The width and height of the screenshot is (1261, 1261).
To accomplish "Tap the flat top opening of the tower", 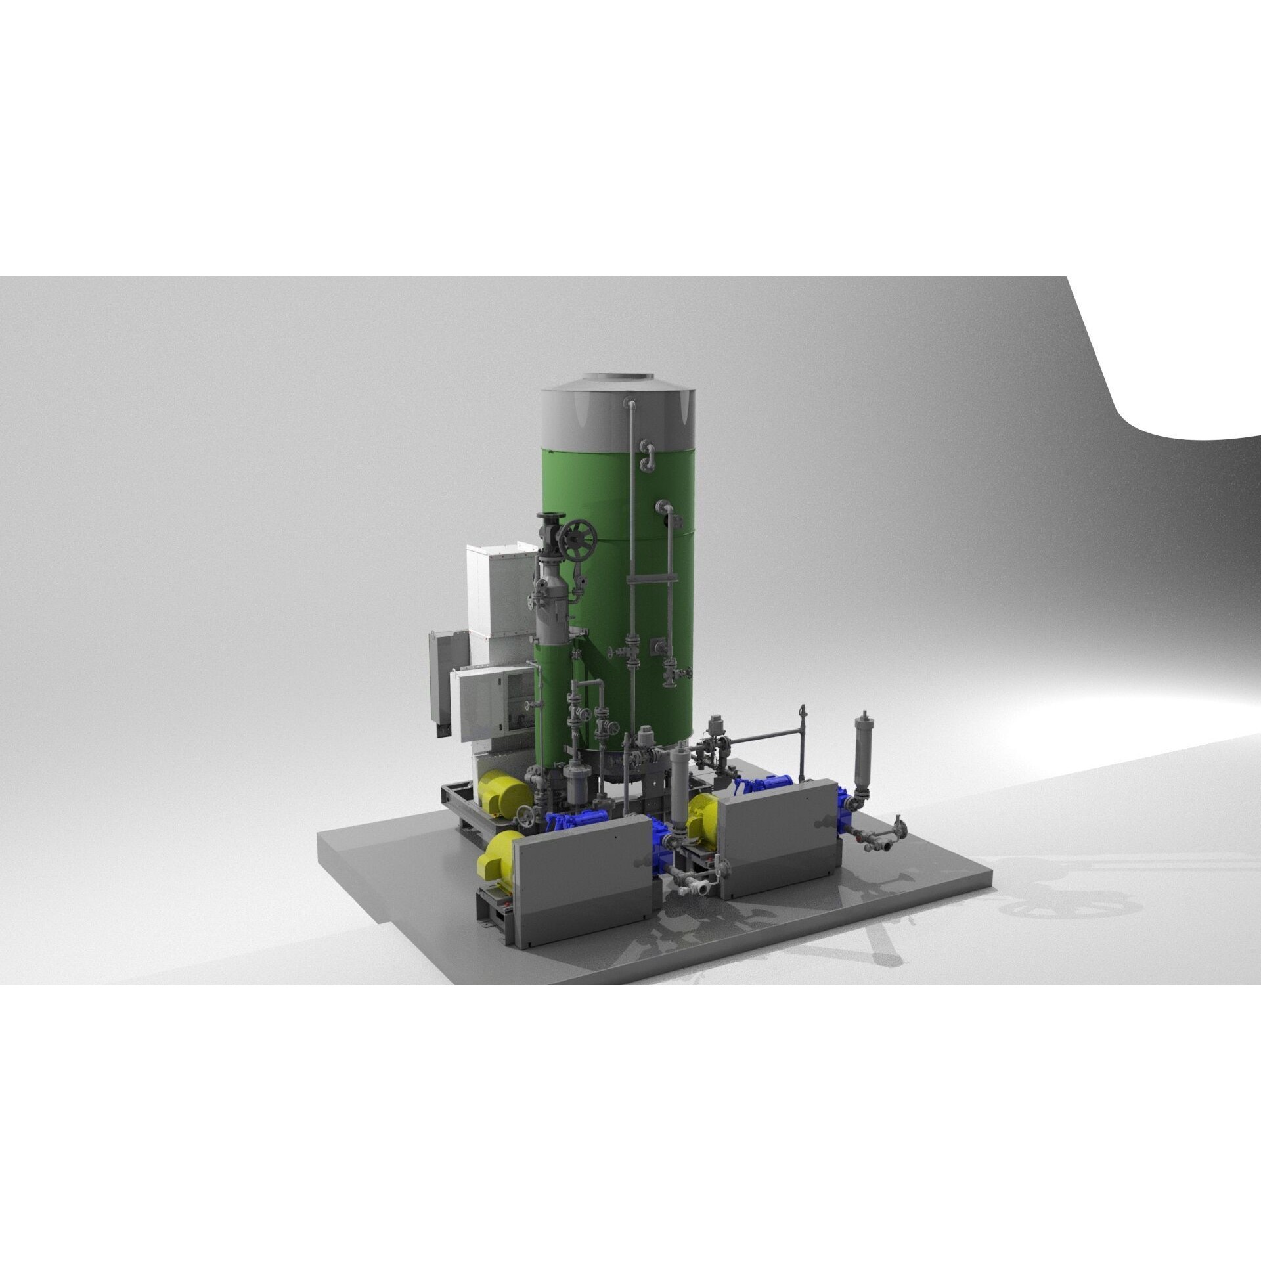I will tap(616, 377).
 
